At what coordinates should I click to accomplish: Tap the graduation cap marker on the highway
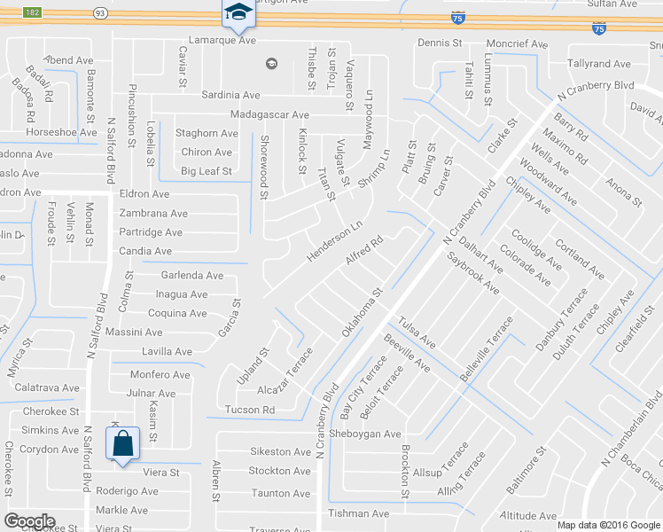(237, 12)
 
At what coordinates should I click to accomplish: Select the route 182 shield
(32, 12)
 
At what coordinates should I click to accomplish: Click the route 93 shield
(100, 12)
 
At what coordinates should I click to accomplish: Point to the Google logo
(29, 520)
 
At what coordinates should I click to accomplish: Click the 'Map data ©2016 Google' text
(608, 525)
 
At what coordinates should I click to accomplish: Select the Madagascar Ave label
(269, 115)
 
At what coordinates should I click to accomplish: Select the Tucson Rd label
(250, 410)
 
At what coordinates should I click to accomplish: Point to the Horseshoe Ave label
(61, 132)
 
